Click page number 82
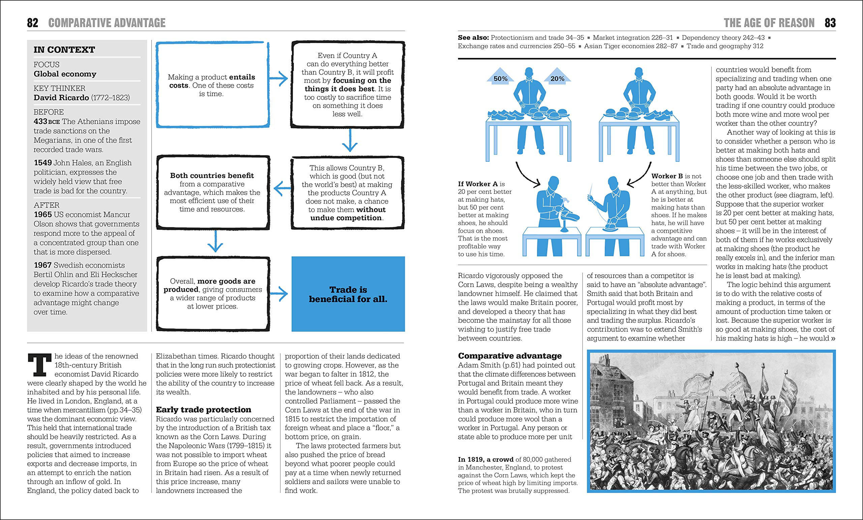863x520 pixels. coord(33,23)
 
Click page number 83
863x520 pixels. coord(830,23)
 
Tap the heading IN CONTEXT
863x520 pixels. coord(64,50)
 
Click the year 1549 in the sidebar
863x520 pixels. coord(43,163)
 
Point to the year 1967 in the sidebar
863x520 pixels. coord(43,265)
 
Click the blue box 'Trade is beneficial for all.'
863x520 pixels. coord(348,294)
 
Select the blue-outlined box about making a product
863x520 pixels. coord(212,85)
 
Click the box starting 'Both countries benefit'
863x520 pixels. coord(213,192)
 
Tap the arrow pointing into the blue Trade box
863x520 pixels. coord(279,294)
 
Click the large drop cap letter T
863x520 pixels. coord(39,365)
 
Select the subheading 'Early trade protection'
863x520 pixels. coord(204,410)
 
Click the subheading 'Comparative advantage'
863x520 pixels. coord(510,356)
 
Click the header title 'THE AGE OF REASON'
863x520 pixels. coord(769,23)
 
